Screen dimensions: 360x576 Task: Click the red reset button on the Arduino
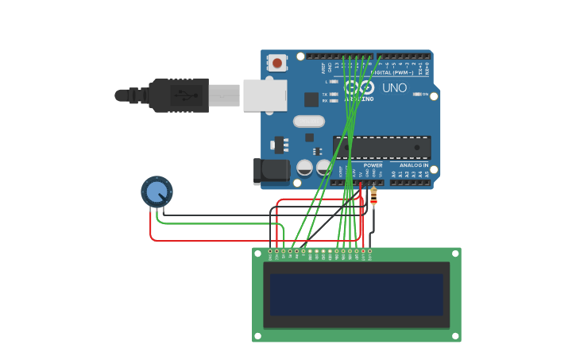(276, 62)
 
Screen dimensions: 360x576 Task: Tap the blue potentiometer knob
(157, 192)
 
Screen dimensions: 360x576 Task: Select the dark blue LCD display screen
(356, 294)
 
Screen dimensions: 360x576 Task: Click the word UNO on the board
(394, 88)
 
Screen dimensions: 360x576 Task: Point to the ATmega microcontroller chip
(382, 147)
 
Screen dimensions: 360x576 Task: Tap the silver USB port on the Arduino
(265, 95)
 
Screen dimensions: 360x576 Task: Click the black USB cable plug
(179, 95)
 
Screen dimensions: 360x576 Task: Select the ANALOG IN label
(408, 165)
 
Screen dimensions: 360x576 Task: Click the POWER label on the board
(373, 165)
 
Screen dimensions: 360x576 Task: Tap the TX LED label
(325, 95)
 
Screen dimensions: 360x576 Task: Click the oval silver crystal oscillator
(309, 122)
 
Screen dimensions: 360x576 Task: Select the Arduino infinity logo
(360, 87)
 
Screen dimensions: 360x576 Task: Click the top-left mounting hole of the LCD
(257, 254)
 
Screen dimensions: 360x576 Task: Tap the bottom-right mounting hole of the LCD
(454, 336)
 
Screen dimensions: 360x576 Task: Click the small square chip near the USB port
(311, 99)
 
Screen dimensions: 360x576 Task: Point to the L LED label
(326, 82)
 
